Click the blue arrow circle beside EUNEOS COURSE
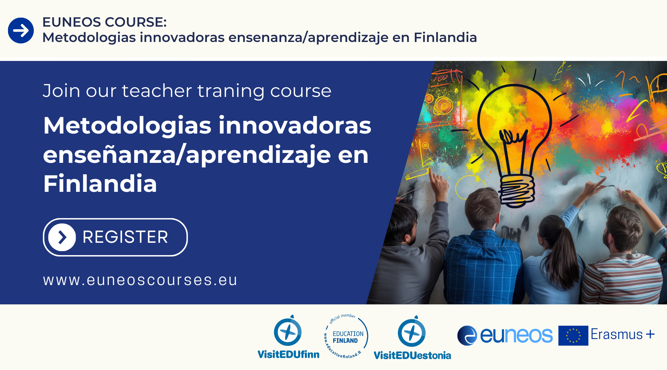(x=21, y=31)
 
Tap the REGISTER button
(x=115, y=237)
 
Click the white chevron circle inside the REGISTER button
(x=62, y=237)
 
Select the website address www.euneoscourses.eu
(x=140, y=280)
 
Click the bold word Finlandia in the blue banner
(x=100, y=184)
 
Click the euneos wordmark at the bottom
(x=505, y=335)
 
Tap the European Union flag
(x=573, y=335)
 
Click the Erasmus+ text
(x=622, y=334)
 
